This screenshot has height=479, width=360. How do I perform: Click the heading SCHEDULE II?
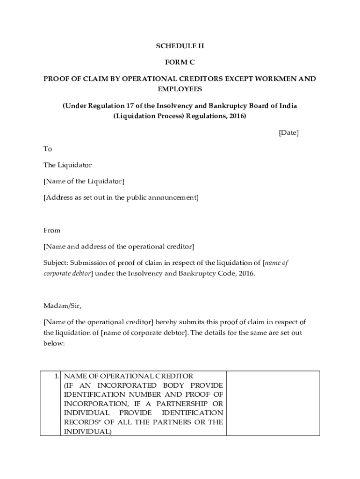click(x=180, y=46)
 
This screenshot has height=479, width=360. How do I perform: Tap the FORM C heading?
click(x=180, y=62)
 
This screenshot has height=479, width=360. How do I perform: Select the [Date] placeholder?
click(x=288, y=133)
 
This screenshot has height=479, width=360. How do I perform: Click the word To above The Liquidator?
click(x=48, y=149)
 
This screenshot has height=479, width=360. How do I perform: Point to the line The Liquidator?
click(x=68, y=165)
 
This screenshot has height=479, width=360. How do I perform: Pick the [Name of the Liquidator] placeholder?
click(x=84, y=181)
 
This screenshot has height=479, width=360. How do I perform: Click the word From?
click(x=52, y=230)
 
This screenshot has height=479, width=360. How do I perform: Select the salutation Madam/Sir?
click(x=62, y=306)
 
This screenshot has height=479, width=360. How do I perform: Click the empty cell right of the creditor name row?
click(x=273, y=403)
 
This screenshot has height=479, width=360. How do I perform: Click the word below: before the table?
click(x=53, y=343)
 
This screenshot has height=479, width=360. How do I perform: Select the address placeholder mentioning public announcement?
click(x=121, y=197)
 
